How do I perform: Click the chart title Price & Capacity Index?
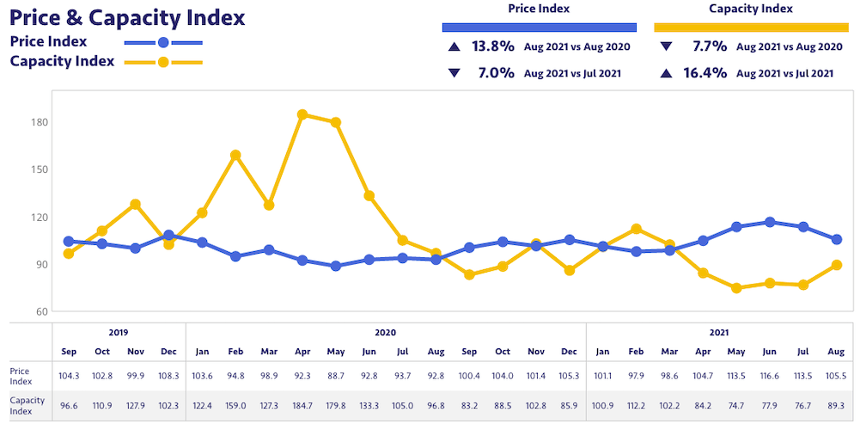[127, 17]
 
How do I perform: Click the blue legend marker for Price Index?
[163, 42]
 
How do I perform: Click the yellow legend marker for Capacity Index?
[163, 62]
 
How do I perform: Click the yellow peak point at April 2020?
[302, 114]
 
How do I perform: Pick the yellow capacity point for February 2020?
[235, 156]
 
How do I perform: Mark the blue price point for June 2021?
[770, 222]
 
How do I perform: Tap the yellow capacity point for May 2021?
[736, 288]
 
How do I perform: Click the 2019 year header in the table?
[119, 332]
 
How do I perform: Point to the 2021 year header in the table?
[720, 332]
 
